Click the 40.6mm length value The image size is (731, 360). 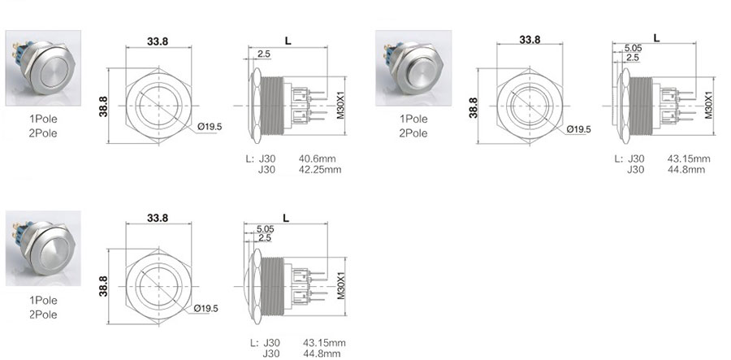pos(317,158)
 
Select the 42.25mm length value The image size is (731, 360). pos(320,170)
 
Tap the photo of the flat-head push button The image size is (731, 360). pos(43,68)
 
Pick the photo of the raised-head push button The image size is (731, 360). pos(413,68)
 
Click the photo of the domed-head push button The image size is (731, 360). pos(43,248)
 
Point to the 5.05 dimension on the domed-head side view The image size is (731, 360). pos(265,229)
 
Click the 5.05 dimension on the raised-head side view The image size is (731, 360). pos(633,48)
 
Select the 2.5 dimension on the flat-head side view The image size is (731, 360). pos(263,54)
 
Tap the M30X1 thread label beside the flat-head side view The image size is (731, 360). pos(341,105)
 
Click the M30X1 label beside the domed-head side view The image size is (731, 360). pos(341,285)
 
